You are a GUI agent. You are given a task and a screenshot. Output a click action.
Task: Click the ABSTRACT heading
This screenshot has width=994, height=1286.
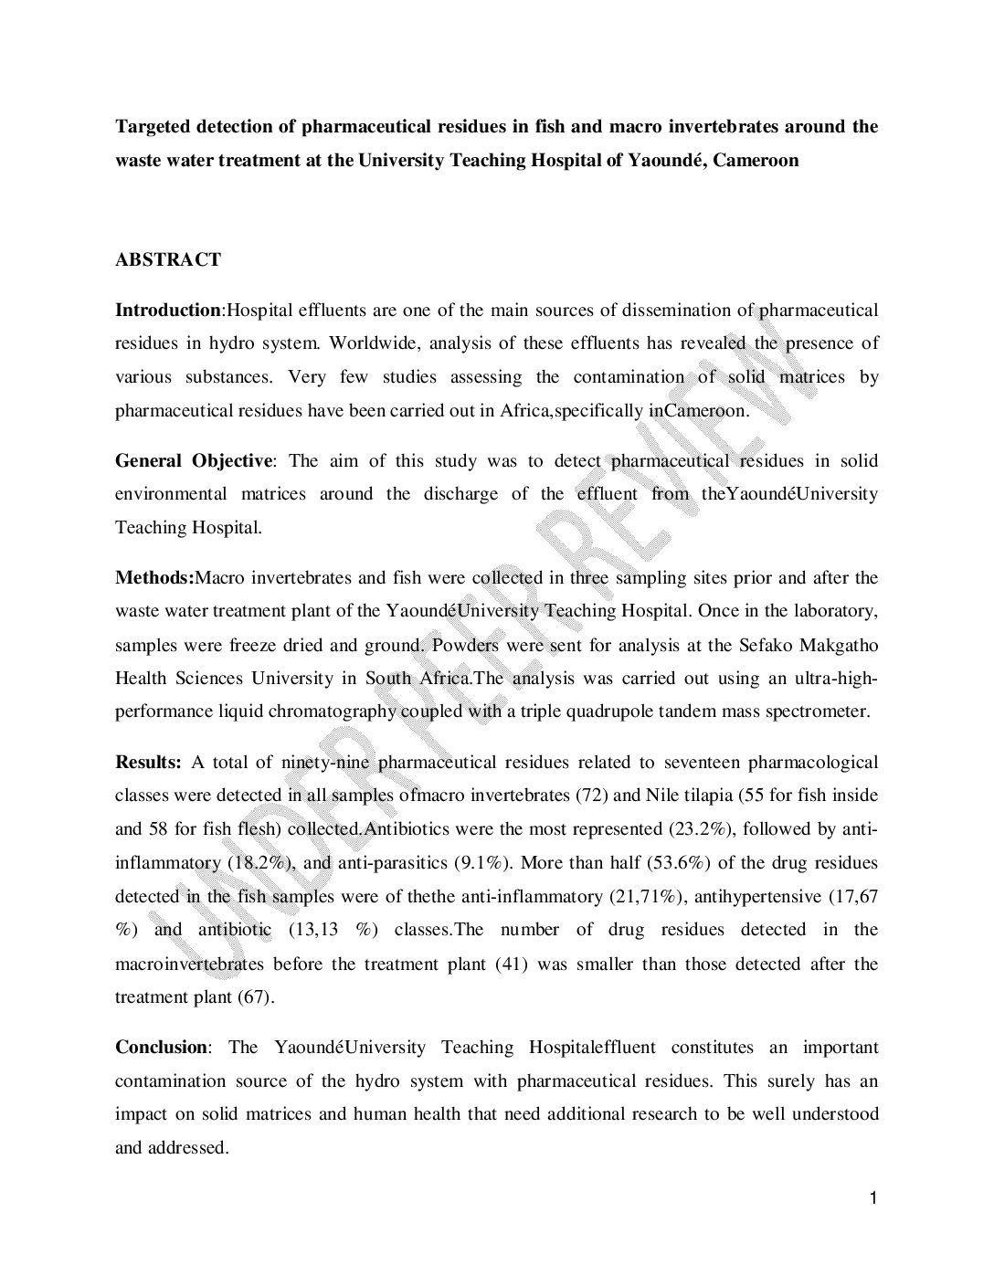coord(167,260)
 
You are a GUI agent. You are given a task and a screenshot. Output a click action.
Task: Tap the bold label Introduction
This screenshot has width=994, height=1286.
coord(167,311)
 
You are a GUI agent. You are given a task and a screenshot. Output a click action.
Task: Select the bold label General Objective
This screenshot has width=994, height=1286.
coord(193,461)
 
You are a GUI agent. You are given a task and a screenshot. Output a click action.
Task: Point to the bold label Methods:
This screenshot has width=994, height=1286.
coord(154,578)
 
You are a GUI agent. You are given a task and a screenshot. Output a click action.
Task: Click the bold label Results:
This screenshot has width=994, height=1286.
coord(148,763)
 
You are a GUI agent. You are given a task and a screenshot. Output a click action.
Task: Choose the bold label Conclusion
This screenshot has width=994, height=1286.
coord(161,1048)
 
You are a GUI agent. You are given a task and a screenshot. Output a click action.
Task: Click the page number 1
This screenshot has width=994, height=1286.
coord(872,1199)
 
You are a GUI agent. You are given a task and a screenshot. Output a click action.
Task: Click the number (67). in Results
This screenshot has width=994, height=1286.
coord(256,997)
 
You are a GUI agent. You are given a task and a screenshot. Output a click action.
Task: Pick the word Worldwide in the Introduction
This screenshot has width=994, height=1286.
coord(369,344)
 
